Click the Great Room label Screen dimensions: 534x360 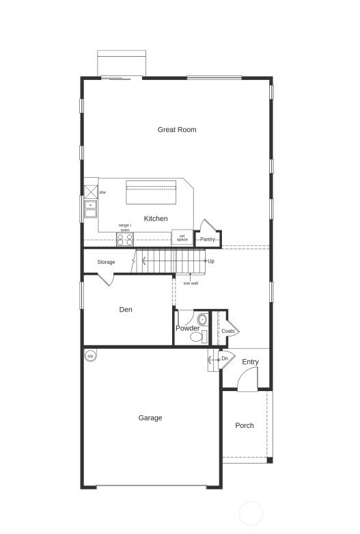click(x=177, y=129)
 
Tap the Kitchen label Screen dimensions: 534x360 click(x=156, y=219)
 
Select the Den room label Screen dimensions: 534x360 click(x=126, y=310)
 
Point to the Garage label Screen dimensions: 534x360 click(x=150, y=418)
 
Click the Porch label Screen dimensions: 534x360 click(x=245, y=425)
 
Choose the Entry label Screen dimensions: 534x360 click(x=250, y=362)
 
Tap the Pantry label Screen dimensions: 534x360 click(x=208, y=239)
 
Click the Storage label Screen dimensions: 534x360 click(x=106, y=262)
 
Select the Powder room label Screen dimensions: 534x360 click(x=187, y=328)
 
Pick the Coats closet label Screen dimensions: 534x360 click(x=228, y=331)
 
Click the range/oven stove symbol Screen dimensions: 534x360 click(x=125, y=239)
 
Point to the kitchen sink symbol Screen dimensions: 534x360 click(x=89, y=205)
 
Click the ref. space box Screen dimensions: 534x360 click(x=182, y=238)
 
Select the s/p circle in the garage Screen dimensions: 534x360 click(x=90, y=356)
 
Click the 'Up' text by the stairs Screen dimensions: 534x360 click(x=211, y=261)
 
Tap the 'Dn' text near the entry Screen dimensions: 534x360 click(x=224, y=358)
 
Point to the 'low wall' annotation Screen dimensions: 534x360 click(x=191, y=283)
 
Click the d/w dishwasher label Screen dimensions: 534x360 click(x=102, y=193)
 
